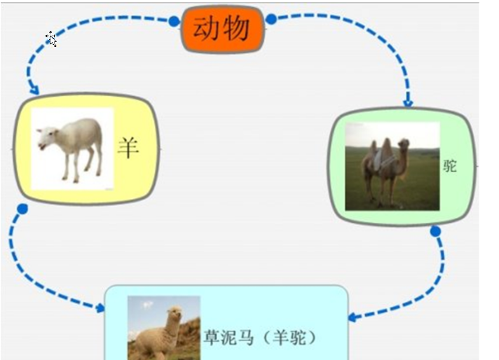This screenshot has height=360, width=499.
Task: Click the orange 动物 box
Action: click(222, 29)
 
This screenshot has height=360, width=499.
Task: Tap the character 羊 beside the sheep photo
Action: click(128, 148)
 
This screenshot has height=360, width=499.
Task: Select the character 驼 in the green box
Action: click(450, 166)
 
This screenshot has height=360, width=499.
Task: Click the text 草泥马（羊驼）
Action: click(260, 338)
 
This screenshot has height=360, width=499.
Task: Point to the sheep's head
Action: click(47, 137)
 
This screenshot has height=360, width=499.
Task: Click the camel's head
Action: click(404, 145)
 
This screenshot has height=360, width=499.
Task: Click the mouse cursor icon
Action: click(52, 39)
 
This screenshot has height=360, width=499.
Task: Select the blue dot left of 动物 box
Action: click(174, 21)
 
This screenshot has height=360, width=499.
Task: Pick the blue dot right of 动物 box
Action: click(271, 19)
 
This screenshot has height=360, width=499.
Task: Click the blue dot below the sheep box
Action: click(22, 209)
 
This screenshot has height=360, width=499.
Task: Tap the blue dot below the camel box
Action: click(435, 231)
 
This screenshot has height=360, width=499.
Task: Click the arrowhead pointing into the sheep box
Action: click(34, 89)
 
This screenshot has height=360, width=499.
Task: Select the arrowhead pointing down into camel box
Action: click(408, 103)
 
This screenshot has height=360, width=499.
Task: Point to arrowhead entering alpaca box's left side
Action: click(100, 307)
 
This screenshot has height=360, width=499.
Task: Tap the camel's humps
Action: click(380, 146)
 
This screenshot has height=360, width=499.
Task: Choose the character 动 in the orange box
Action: click(205, 28)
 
